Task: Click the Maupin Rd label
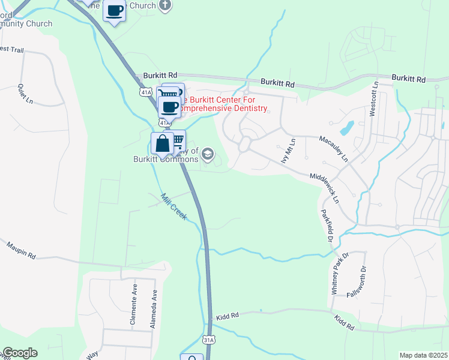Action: [21, 251]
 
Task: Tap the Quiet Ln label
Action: [25, 94]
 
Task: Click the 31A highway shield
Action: [209, 338]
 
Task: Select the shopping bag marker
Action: [162, 144]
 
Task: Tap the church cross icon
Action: [166, 5]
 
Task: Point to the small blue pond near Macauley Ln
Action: [346, 128]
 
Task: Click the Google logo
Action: [20, 353]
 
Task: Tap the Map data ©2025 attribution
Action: [423, 355]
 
